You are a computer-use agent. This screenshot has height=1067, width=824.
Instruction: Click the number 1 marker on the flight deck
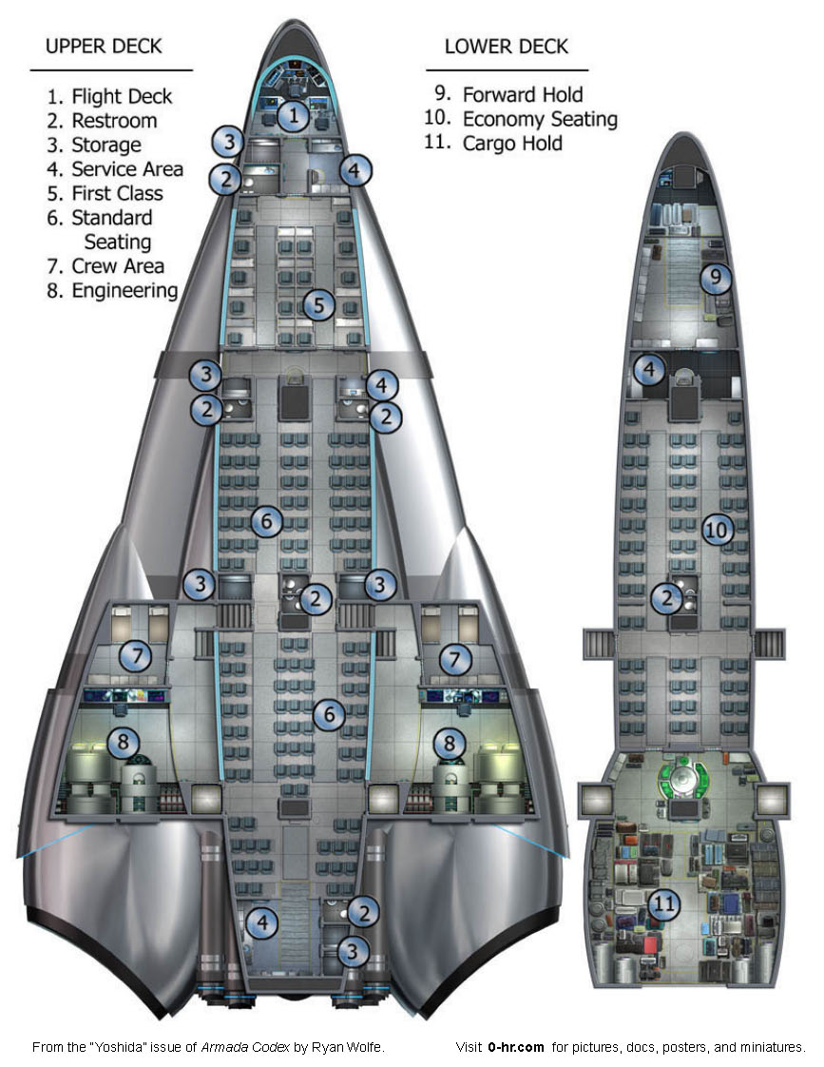coord(294,117)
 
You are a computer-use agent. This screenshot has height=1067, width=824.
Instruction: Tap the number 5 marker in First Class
coord(319,305)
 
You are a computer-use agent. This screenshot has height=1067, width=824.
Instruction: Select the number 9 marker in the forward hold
coord(717,278)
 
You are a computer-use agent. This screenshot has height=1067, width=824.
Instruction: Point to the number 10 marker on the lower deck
coord(719,530)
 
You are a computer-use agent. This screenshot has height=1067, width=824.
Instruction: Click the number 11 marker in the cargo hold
coord(665,903)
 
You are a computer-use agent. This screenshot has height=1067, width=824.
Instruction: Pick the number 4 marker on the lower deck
coord(649,369)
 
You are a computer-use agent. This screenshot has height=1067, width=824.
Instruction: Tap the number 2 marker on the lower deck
coord(667,598)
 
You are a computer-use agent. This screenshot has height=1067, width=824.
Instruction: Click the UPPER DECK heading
coord(104,46)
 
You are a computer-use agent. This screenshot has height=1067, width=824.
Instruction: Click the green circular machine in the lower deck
coord(682,778)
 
